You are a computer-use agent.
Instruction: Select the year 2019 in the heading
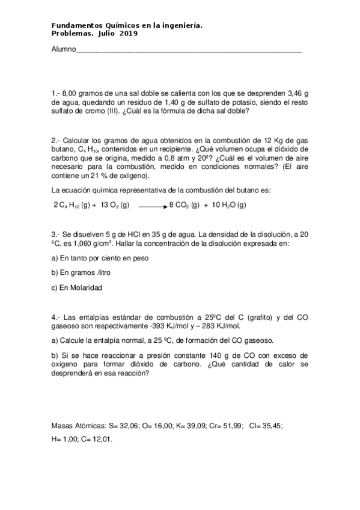pos(128,34)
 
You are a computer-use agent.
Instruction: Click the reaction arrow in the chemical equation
pos(153,205)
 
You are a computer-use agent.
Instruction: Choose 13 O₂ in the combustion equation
pos(115,204)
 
